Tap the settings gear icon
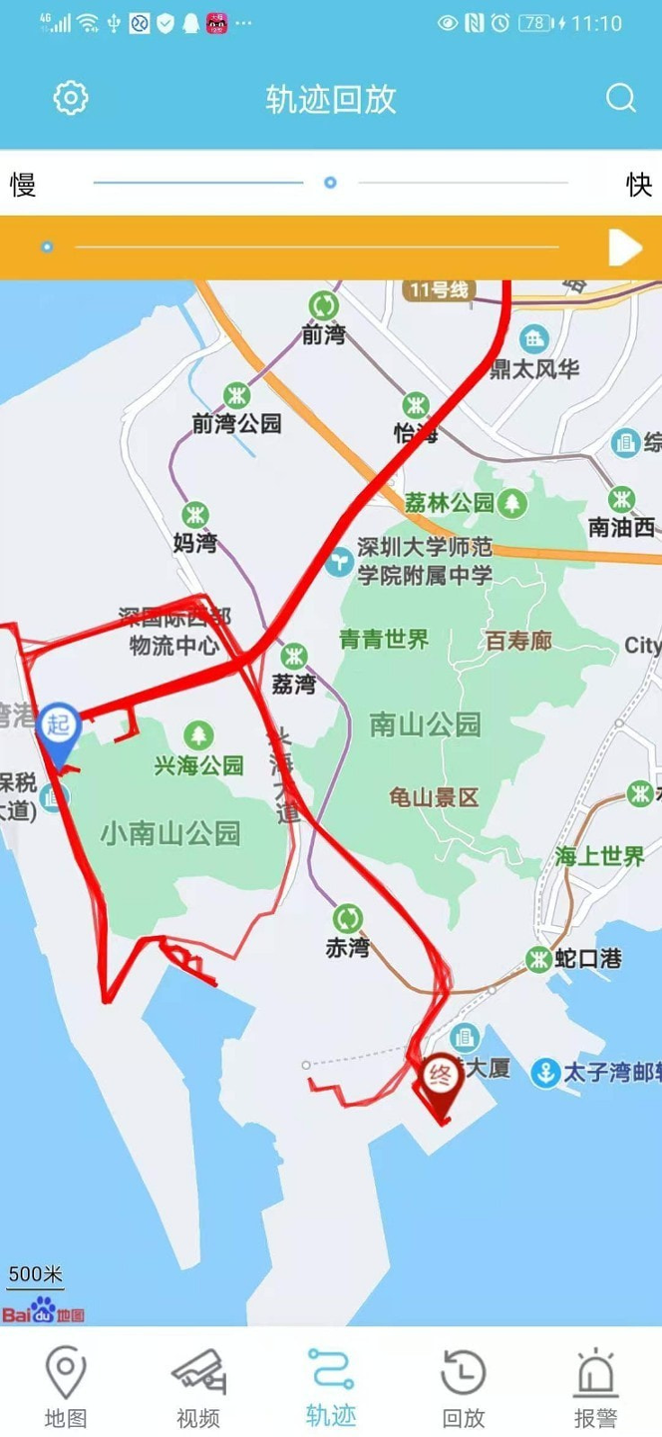tap(71, 98)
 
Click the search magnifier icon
tap(620, 98)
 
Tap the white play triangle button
tap(624, 247)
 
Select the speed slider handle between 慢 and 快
tap(330, 183)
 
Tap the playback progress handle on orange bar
tap(47, 246)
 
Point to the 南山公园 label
tap(425, 724)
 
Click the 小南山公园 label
tap(170, 832)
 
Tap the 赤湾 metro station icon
tap(347, 917)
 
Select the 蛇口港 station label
tap(588, 959)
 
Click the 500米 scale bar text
tap(36, 1274)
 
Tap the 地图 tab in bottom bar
tap(66, 1388)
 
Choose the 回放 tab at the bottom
tap(464, 1388)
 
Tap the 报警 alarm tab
tap(596, 1388)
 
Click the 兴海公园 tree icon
tap(199, 737)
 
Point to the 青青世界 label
tap(384, 640)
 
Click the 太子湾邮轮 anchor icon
tap(545, 1073)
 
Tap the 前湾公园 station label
tap(237, 423)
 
